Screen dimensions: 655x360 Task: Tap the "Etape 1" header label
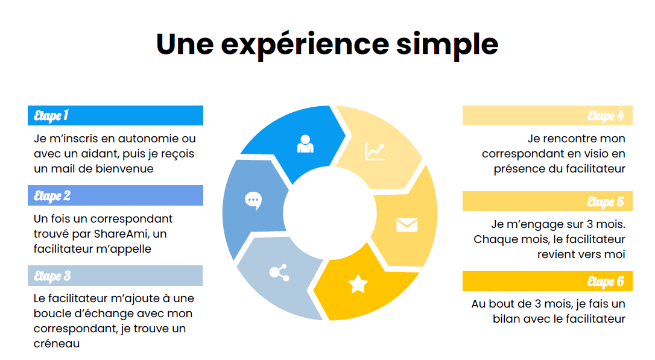coord(51,116)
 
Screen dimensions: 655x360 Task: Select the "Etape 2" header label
coord(52,196)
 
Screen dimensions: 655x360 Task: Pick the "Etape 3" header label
coord(52,276)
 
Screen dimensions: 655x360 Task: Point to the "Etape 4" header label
coord(606,116)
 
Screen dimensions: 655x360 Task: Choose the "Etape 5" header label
coord(606,202)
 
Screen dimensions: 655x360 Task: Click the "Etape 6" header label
coord(606,282)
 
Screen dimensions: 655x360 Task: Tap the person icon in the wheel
coord(305,144)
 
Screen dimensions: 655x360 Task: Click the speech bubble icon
coord(253,201)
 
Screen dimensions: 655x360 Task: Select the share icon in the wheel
coord(279,273)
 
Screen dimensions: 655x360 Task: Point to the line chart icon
coord(375,151)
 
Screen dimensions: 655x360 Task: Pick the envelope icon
coord(407,225)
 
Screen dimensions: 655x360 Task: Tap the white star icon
coord(358,283)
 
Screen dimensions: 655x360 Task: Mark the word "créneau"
coord(57,344)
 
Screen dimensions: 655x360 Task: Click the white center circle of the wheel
coord(330,213)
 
